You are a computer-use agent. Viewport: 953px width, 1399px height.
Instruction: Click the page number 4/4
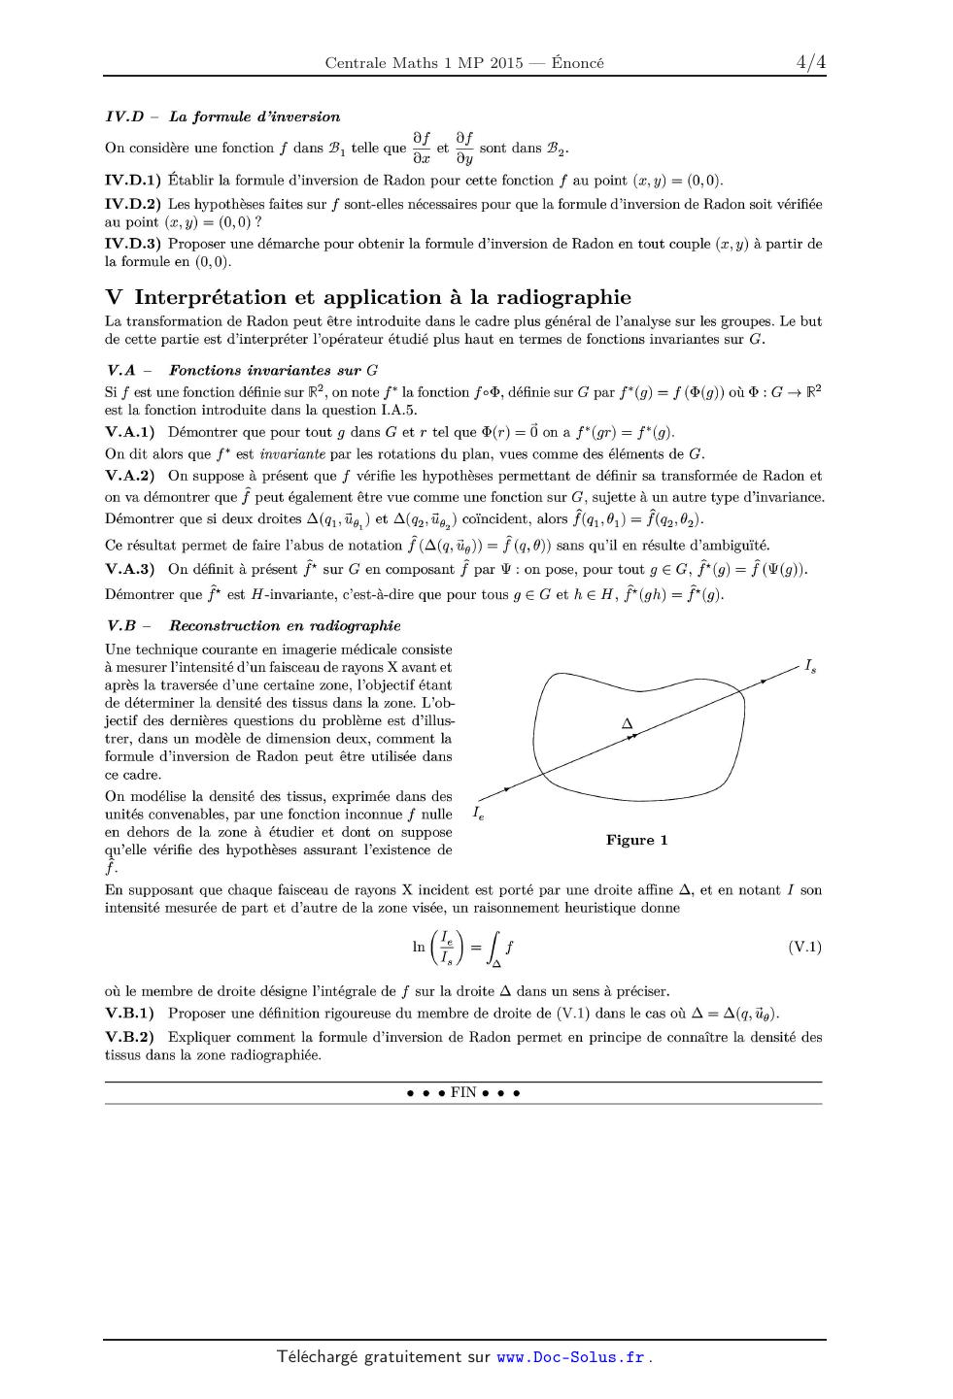tap(810, 63)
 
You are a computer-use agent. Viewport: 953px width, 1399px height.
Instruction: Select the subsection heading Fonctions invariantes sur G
tap(273, 370)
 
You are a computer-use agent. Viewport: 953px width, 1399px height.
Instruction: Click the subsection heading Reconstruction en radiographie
tap(285, 626)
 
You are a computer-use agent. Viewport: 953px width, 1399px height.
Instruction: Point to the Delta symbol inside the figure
tap(627, 723)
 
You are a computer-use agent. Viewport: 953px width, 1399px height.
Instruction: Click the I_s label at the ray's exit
tap(809, 667)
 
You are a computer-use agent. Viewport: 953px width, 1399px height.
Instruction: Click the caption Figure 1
tap(636, 840)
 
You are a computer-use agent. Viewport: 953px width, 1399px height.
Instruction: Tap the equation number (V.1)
tap(804, 947)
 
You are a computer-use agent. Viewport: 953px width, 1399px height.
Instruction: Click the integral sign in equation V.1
tap(494, 948)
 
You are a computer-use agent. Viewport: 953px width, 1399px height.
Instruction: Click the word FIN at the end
tap(463, 1092)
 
